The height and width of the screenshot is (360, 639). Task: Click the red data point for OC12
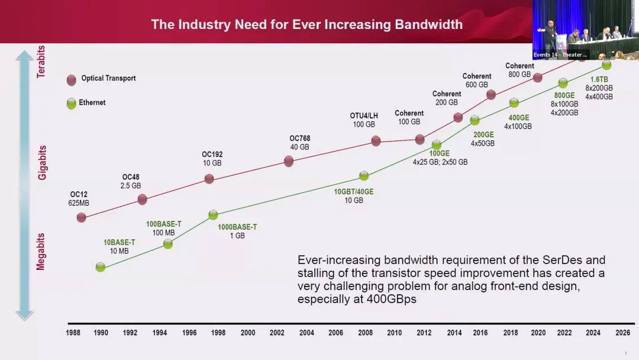[x=82, y=217]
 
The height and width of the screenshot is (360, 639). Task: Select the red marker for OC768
[x=289, y=161]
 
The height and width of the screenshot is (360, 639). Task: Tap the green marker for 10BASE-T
[x=101, y=267]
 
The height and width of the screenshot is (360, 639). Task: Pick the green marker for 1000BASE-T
[x=213, y=215]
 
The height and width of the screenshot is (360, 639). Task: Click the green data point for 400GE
[x=514, y=102]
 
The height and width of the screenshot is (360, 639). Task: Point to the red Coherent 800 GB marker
[x=537, y=78]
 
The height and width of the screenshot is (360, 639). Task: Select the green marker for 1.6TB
[x=606, y=65]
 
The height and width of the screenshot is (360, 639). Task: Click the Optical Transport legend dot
[x=72, y=80]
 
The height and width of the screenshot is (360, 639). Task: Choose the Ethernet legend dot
[x=72, y=104]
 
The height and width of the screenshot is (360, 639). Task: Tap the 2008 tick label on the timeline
[x=364, y=333]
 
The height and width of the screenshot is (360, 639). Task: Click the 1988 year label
[x=73, y=333]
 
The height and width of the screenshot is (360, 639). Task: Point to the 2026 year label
[x=622, y=333]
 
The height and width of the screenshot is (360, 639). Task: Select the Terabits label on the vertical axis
[x=41, y=62]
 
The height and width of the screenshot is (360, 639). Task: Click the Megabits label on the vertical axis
[x=41, y=251]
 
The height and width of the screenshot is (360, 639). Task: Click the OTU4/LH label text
[x=363, y=116]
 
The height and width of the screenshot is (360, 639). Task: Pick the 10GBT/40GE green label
[x=354, y=191]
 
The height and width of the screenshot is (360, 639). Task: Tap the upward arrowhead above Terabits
[x=24, y=55]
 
